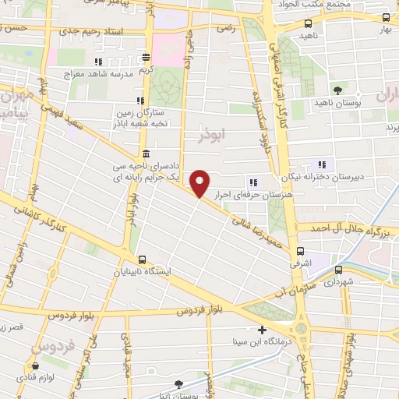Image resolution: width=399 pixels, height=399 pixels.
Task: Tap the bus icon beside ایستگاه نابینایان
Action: click(141, 260)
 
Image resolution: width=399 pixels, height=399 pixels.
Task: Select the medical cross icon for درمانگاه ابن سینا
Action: click(263, 330)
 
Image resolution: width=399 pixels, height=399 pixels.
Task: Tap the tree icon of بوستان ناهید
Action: click(337, 90)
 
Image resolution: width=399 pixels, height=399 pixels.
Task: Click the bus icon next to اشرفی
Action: click(301, 251)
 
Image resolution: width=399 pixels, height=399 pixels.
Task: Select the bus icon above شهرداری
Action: click(337, 269)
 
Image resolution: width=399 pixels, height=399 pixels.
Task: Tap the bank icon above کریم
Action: click(147, 57)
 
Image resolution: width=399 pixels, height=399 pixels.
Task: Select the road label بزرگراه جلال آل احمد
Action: click(348, 228)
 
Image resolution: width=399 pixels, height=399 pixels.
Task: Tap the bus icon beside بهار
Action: click(385, 18)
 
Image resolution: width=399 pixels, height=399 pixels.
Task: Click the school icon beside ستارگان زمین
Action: click(140, 101)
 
